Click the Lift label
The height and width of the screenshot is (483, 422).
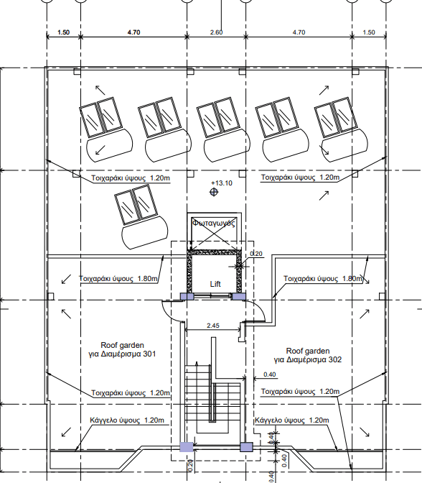tap(215, 284)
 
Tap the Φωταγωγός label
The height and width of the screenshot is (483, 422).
tap(214, 223)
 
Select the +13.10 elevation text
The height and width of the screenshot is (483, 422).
tap(222, 183)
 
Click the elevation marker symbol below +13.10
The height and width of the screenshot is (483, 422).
tap(214, 192)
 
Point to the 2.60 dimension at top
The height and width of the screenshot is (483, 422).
tap(216, 32)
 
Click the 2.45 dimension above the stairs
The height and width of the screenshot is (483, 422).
tap(213, 326)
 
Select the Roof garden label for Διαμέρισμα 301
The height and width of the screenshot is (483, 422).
tap(122, 349)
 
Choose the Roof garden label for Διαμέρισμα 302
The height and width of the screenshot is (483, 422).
tap(308, 355)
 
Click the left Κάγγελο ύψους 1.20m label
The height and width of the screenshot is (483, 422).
tap(127, 420)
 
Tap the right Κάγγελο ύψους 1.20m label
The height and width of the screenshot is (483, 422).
tap(291, 420)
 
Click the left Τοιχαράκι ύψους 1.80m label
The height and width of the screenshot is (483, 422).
tap(118, 278)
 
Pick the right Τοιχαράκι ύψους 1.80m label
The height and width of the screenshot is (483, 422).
tap(323, 278)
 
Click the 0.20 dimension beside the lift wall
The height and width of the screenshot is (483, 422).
tap(256, 254)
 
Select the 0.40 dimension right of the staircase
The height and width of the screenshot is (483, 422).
tap(269, 374)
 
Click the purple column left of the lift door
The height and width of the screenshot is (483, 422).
tap(187, 296)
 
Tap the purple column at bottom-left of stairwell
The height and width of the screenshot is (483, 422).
tap(187, 446)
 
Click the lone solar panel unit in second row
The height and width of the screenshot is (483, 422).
tap(141, 216)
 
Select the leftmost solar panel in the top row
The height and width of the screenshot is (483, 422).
tap(105, 129)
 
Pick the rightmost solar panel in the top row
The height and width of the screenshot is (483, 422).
tap(341, 129)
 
